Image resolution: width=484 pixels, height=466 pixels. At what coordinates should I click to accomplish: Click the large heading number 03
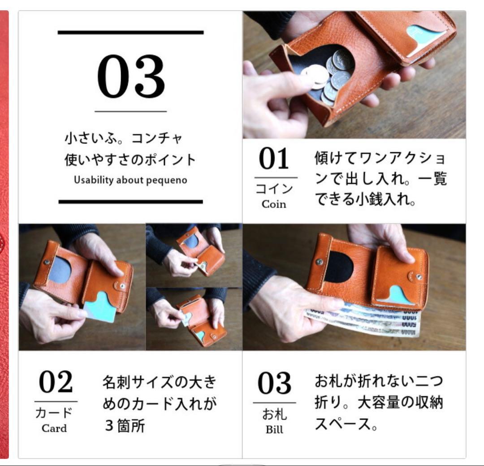point(130,77)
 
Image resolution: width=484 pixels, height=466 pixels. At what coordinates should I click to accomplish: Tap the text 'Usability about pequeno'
point(130,180)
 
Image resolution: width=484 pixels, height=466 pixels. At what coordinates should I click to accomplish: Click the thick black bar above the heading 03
point(130,32)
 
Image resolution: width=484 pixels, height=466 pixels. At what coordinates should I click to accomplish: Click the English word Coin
point(274,204)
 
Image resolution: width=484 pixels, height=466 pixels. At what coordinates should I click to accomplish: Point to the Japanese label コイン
point(274,189)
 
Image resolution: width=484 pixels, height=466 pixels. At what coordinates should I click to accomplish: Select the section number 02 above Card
point(56,382)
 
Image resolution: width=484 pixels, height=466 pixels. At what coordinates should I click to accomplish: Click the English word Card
point(54,428)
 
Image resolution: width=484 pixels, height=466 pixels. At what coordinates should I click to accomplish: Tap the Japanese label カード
point(54,413)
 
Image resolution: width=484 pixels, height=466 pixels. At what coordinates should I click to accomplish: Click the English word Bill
point(274,430)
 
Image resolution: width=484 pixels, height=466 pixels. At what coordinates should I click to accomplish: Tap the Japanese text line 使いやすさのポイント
point(130,160)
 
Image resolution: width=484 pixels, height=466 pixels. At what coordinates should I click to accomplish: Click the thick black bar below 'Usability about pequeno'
point(130,202)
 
